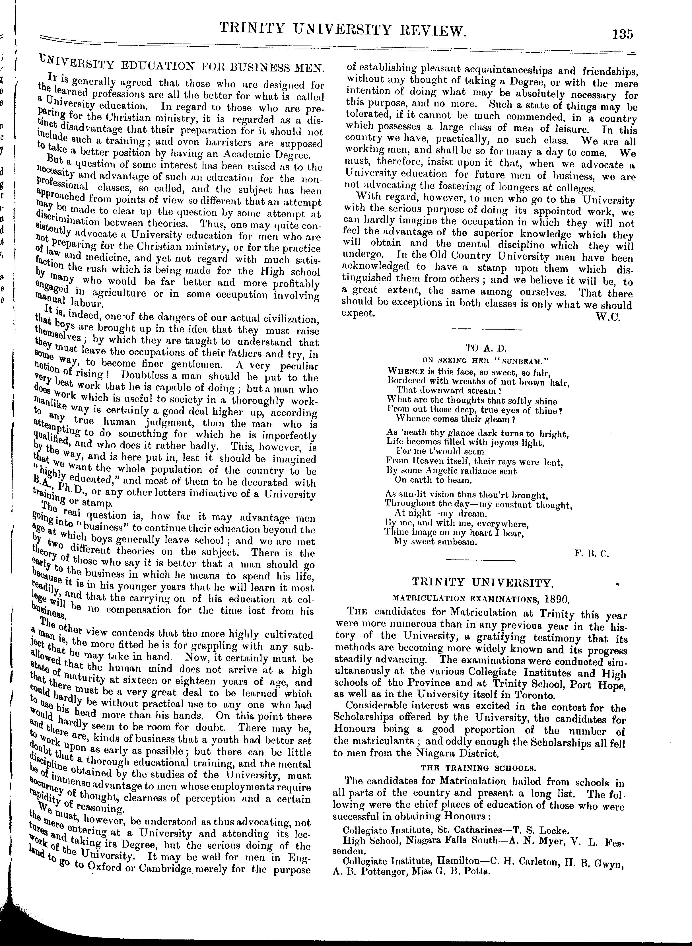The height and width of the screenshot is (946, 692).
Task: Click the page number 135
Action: click(622, 34)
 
